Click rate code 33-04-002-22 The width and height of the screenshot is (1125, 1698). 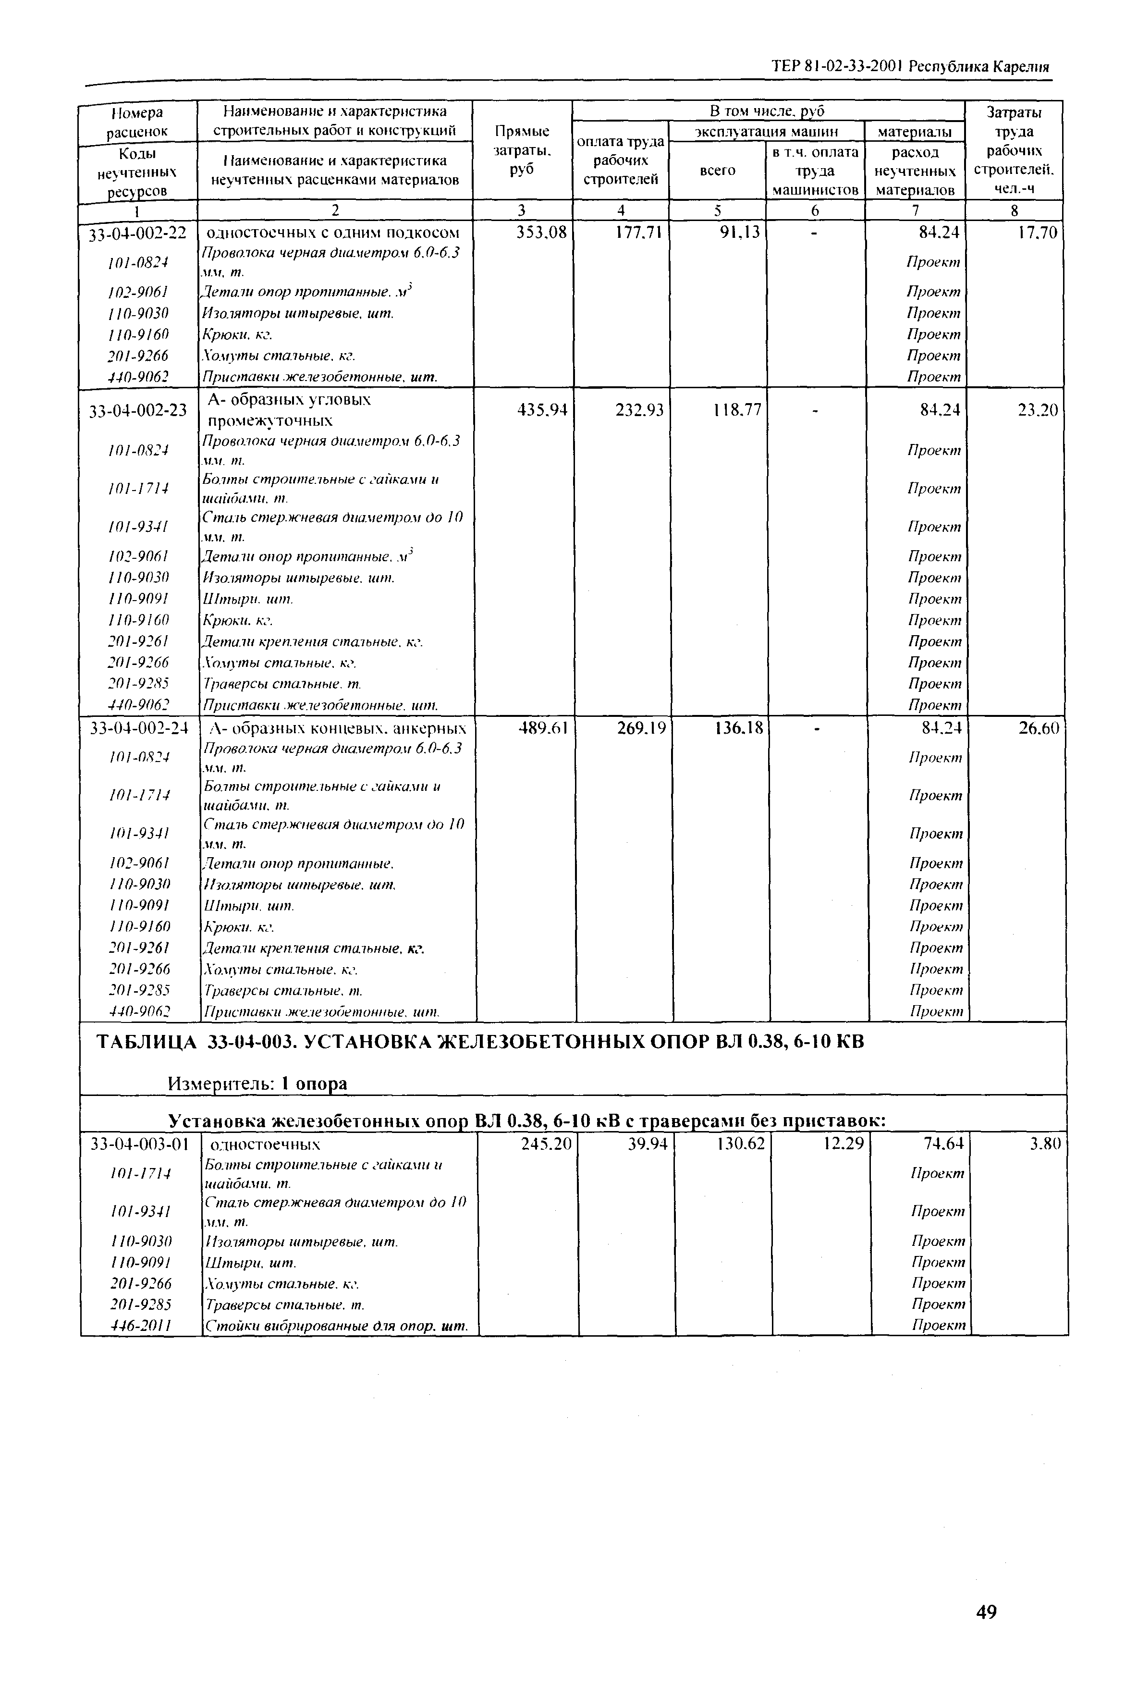[x=137, y=233]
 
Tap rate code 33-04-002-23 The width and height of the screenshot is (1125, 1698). [x=137, y=410]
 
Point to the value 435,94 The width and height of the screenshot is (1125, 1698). [x=542, y=410]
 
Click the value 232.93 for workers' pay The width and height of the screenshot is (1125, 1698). [x=639, y=410]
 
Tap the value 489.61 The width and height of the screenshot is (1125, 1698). [x=543, y=728]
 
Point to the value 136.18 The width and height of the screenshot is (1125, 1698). [x=739, y=728]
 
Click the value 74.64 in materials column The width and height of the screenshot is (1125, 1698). [x=943, y=1143]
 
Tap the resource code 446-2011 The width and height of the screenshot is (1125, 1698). [x=141, y=1326]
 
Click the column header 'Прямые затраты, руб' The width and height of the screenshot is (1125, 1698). [x=522, y=151]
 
